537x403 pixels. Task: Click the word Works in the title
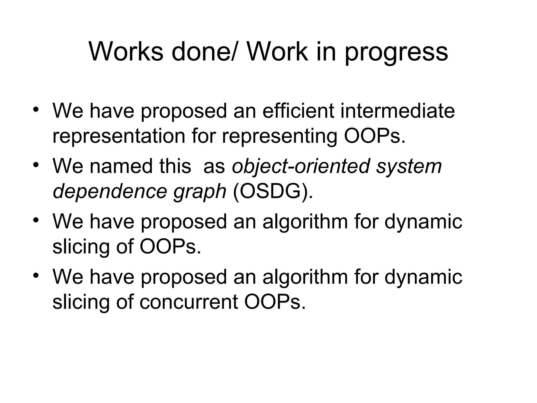(x=126, y=52)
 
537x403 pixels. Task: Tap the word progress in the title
(x=396, y=54)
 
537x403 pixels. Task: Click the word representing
(x=280, y=137)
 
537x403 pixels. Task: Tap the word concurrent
(x=189, y=302)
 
